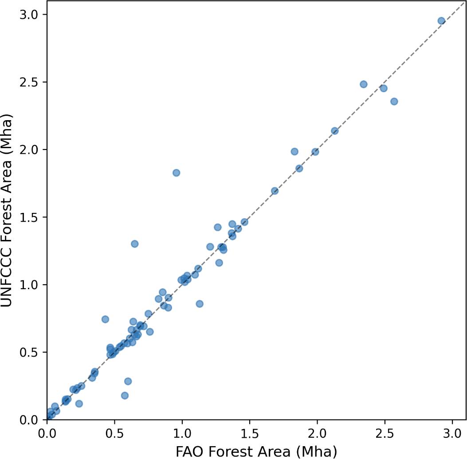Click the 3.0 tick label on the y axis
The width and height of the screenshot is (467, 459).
pyautogui.click(x=29, y=14)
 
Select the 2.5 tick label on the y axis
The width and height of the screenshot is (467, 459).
pyautogui.click(x=29, y=82)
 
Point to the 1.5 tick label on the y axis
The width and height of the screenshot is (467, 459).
pyautogui.click(x=29, y=217)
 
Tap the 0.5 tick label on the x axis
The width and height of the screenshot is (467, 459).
pyautogui.click(x=114, y=434)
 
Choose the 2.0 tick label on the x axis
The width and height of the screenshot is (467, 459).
pyautogui.click(x=317, y=434)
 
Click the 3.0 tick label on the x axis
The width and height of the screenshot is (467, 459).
pyautogui.click(x=452, y=434)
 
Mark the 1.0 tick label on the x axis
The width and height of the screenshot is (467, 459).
pyautogui.click(x=182, y=434)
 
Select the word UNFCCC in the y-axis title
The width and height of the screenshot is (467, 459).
pyautogui.click(x=6, y=278)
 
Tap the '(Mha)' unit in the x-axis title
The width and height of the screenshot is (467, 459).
pyautogui.click(x=317, y=452)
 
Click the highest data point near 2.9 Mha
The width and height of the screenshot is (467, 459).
pyautogui.click(x=441, y=21)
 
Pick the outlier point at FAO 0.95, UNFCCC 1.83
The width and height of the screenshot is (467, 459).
pyautogui.click(x=177, y=173)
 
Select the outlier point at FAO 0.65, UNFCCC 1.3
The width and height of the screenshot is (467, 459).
pyautogui.click(x=135, y=244)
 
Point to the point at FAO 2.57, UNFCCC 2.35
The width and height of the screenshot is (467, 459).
pyautogui.click(x=394, y=102)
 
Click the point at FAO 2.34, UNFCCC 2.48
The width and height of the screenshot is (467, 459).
pyautogui.click(x=363, y=84)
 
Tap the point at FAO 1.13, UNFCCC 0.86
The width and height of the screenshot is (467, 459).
pyautogui.click(x=200, y=304)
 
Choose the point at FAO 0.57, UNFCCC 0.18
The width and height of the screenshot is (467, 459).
pyautogui.click(x=125, y=396)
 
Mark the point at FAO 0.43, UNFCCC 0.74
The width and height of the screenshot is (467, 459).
pyautogui.click(x=105, y=319)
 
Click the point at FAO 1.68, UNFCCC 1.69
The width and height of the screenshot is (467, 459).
pyautogui.click(x=275, y=191)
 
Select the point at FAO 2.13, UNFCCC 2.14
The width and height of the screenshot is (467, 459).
pyautogui.click(x=335, y=131)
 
